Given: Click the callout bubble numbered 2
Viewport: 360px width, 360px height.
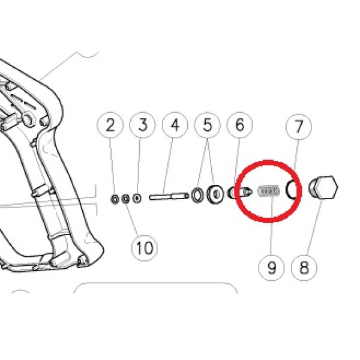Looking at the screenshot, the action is pos(110,125).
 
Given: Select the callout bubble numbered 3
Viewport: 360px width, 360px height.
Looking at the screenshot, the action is pos(143,125).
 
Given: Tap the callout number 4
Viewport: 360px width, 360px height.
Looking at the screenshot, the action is pos(175,125).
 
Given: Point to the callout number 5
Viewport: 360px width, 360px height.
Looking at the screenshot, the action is pos(208,125).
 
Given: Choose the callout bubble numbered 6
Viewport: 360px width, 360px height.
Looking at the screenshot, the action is pos(239,125).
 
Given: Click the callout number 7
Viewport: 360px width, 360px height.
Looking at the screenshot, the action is pos(299,127).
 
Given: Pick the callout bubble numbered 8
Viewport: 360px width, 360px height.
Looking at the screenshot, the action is pos(304,268).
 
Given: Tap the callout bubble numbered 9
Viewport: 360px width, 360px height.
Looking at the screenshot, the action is pos(271,268).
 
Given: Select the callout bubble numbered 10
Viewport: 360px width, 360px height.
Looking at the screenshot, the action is pos(145,248).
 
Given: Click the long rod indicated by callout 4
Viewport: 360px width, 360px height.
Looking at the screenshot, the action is pos(169,197).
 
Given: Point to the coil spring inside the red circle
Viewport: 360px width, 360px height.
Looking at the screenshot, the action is pos(268,191).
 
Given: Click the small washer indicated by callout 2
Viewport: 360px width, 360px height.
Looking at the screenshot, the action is pos(115,199).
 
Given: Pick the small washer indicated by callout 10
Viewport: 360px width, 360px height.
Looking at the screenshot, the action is pos(125,199).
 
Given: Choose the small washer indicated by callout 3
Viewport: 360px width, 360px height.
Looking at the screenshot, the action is pos(137,198).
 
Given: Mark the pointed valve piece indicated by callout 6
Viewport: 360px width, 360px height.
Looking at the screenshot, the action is pos(239,192).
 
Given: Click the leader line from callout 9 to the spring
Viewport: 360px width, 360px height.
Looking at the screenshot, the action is pos(271,226).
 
